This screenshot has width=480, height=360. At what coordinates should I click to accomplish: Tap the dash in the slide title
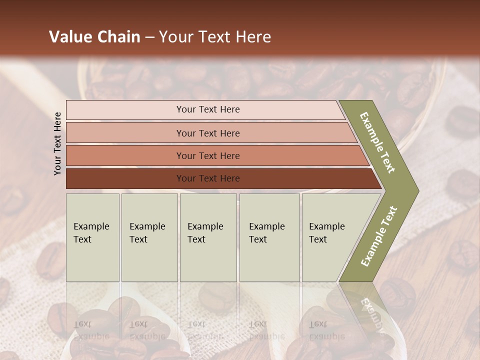click(x=149, y=37)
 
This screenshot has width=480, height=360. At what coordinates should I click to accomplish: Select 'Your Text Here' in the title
click(x=215, y=37)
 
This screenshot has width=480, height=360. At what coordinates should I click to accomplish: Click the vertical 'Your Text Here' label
click(x=57, y=143)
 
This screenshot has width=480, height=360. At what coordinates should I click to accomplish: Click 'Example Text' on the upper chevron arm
click(x=377, y=142)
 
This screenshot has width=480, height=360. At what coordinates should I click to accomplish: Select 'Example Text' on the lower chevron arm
click(x=379, y=236)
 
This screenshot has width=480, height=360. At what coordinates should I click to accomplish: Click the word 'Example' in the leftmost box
click(x=91, y=226)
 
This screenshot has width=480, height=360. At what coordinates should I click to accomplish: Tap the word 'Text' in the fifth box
click(x=317, y=239)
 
